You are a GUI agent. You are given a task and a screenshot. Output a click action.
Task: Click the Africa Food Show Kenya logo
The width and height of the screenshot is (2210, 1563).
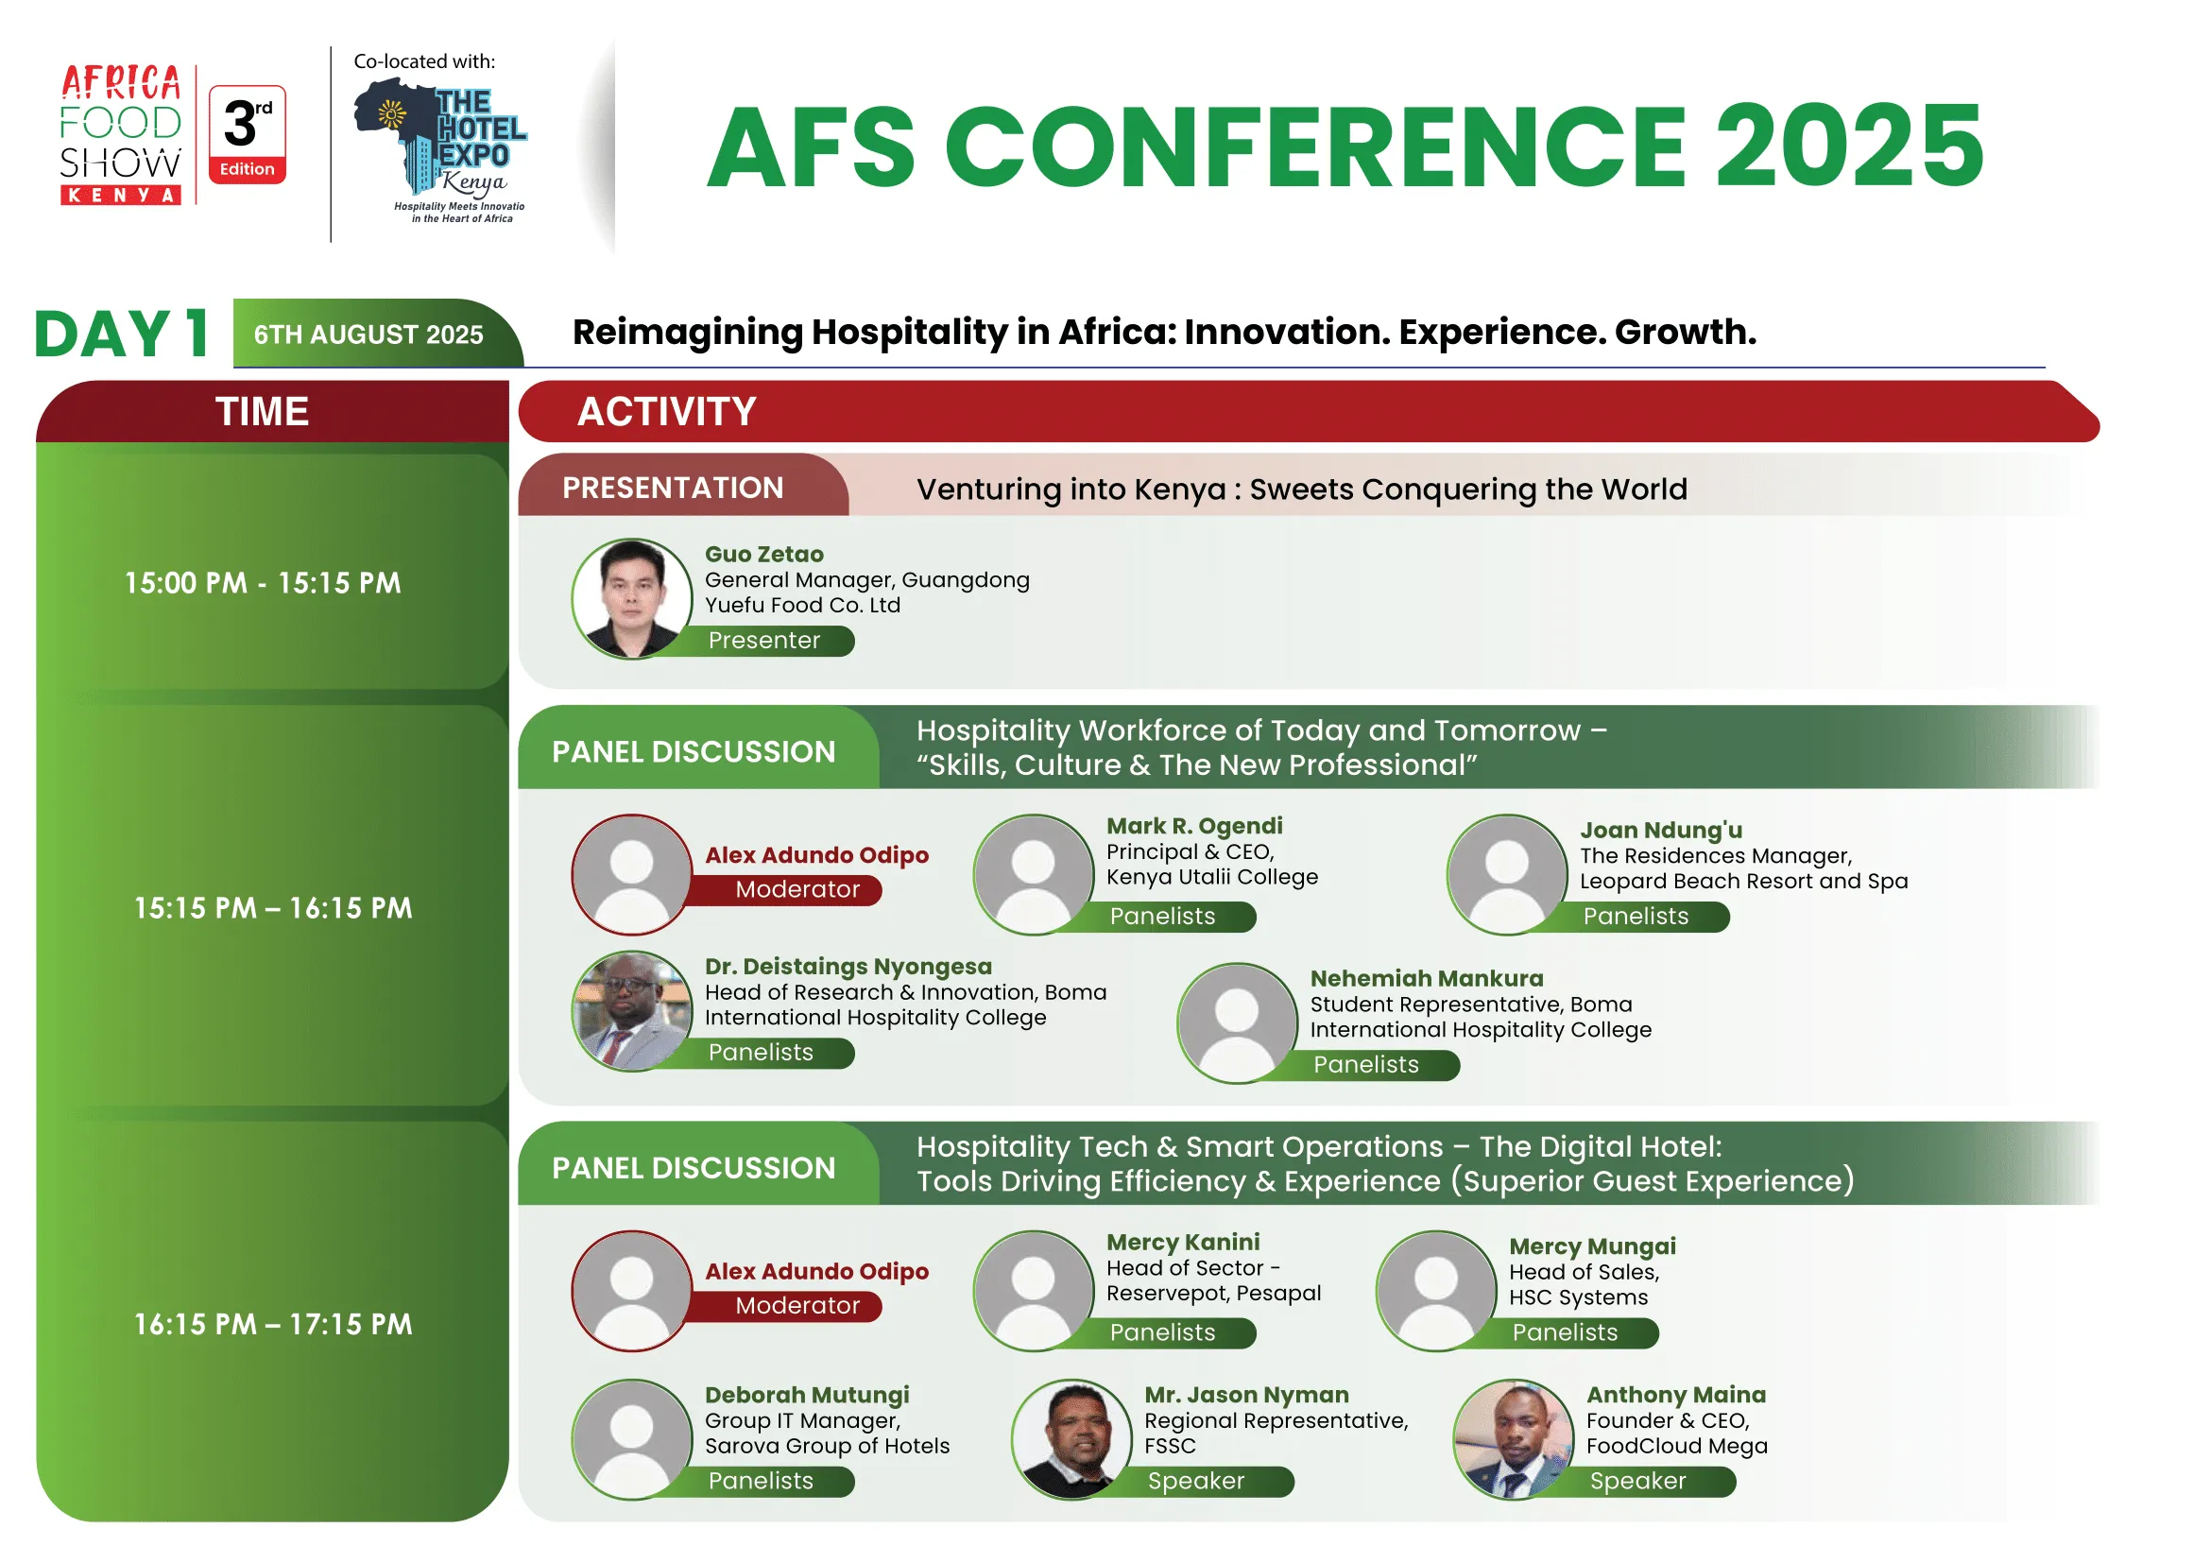point(120,135)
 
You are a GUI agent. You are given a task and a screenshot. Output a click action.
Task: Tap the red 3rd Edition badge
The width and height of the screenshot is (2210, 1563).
point(248,135)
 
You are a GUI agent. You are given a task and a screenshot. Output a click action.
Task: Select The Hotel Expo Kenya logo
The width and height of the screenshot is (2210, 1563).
point(441,150)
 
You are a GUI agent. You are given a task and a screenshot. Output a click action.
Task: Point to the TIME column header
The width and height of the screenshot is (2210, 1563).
point(263,412)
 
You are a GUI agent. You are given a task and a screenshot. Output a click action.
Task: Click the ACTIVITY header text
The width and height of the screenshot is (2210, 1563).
point(667,412)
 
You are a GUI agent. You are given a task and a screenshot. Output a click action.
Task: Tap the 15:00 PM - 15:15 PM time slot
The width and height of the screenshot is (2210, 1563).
point(263,583)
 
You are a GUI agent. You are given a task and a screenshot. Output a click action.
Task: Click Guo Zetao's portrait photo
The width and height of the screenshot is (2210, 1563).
point(632,598)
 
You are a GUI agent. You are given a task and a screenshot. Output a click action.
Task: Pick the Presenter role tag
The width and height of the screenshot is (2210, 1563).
point(764,641)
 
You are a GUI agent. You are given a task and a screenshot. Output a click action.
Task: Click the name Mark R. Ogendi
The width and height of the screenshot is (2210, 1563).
point(1194,826)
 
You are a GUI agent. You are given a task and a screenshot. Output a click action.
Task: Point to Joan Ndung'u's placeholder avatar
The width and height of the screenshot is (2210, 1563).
point(1507,875)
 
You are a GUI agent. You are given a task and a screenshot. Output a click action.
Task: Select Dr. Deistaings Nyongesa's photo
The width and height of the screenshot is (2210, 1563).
point(632,1011)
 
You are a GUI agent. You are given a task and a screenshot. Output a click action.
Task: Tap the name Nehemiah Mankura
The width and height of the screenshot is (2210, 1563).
point(1427,979)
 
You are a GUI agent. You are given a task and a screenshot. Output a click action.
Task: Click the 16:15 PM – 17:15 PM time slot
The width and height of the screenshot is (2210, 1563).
point(273,1325)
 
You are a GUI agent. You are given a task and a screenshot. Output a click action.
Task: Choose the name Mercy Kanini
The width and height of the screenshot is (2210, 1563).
point(1183,1243)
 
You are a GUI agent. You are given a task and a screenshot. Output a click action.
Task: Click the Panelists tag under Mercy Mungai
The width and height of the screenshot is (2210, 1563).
point(1565,1333)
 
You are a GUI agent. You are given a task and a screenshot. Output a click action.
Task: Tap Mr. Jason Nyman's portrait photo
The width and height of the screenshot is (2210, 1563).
point(1071,1440)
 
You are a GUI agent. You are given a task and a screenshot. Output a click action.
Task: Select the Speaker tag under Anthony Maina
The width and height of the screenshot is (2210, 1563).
point(1638,1481)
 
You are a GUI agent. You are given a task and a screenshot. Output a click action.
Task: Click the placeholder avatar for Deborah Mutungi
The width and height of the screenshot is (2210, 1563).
point(632,1440)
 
